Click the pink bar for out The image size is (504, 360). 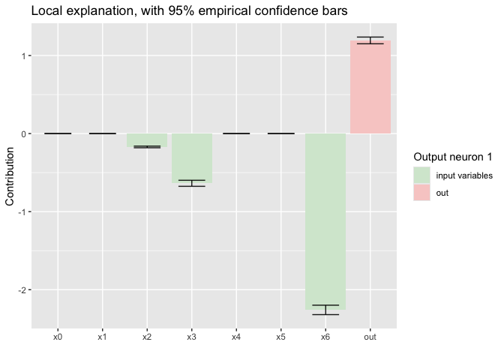(370, 87)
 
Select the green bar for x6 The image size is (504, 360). (325, 221)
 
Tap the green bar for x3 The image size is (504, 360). (191, 158)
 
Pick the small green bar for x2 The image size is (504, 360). (147, 140)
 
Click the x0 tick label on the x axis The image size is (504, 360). (58, 337)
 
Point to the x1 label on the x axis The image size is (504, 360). (102, 337)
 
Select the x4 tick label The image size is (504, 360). (236, 337)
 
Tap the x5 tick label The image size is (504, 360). (280, 337)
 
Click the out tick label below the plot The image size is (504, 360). (370, 337)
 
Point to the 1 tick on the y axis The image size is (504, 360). (25, 55)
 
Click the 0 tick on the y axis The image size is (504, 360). (25, 133)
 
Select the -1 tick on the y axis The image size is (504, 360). (23, 211)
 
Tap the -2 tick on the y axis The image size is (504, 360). (23, 289)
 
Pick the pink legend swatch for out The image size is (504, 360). (421, 193)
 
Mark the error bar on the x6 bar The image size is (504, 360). (325, 310)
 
